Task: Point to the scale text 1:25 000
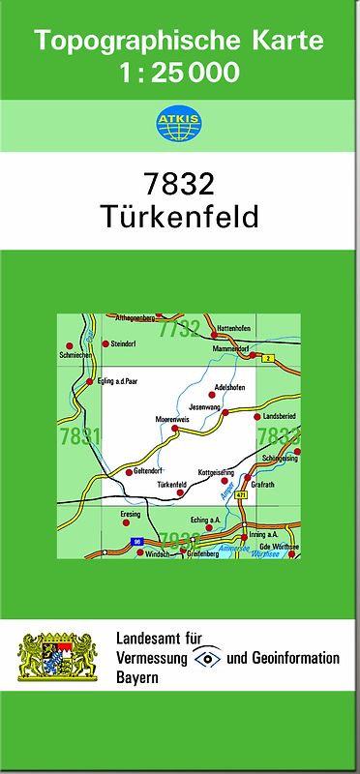coord(179,72)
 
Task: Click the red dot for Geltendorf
coord(129,472)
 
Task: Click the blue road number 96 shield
coord(137,542)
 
